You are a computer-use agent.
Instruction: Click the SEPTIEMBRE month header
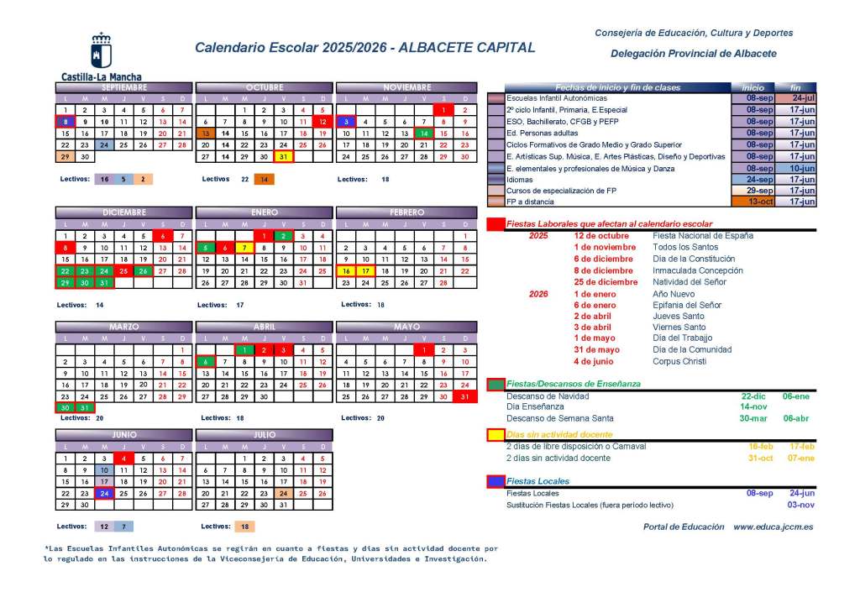tap(123, 87)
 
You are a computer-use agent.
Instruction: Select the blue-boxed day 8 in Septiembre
tap(65, 122)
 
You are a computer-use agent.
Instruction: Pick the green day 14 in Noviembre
tap(425, 134)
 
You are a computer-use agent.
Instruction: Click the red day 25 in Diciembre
tap(123, 271)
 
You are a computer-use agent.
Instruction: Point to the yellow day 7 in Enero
tap(244, 248)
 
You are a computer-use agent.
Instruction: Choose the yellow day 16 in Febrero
tap(345, 271)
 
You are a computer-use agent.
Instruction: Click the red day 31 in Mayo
tap(464, 396)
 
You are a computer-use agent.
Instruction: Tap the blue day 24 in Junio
tap(104, 493)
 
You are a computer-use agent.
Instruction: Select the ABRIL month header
tap(265, 327)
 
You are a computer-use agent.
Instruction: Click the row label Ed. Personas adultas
tap(543, 133)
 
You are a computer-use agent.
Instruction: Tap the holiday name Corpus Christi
tap(681, 361)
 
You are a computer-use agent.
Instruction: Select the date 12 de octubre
tap(601, 236)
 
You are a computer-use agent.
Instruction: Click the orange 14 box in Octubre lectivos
tap(264, 179)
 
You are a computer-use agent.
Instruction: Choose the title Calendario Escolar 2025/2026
tap(291, 48)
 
